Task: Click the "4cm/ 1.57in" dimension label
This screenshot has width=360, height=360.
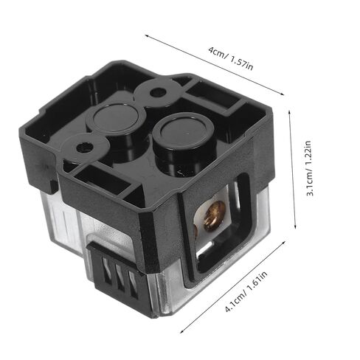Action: [230, 58]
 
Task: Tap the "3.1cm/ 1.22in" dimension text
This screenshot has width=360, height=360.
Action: [309, 168]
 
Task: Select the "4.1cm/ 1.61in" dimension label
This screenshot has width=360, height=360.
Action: [246, 291]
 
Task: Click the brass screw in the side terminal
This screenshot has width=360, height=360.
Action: [214, 216]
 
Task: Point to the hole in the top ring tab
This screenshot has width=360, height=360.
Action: [157, 93]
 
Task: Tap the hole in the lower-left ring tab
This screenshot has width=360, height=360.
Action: [85, 147]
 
